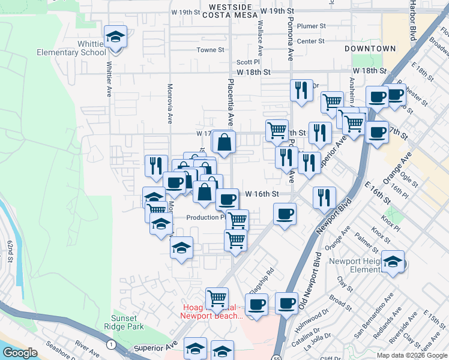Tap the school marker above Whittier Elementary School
click(115, 37)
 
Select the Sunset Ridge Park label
click(128, 322)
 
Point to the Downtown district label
click(370, 48)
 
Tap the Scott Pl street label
click(248, 61)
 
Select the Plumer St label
click(312, 26)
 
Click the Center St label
click(310, 41)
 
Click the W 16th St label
click(263, 194)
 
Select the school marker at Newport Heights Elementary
click(393, 262)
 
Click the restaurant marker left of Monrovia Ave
click(156, 165)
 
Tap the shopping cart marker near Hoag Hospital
click(216, 297)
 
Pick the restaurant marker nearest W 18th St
click(301, 90)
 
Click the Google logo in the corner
click(19, 353)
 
